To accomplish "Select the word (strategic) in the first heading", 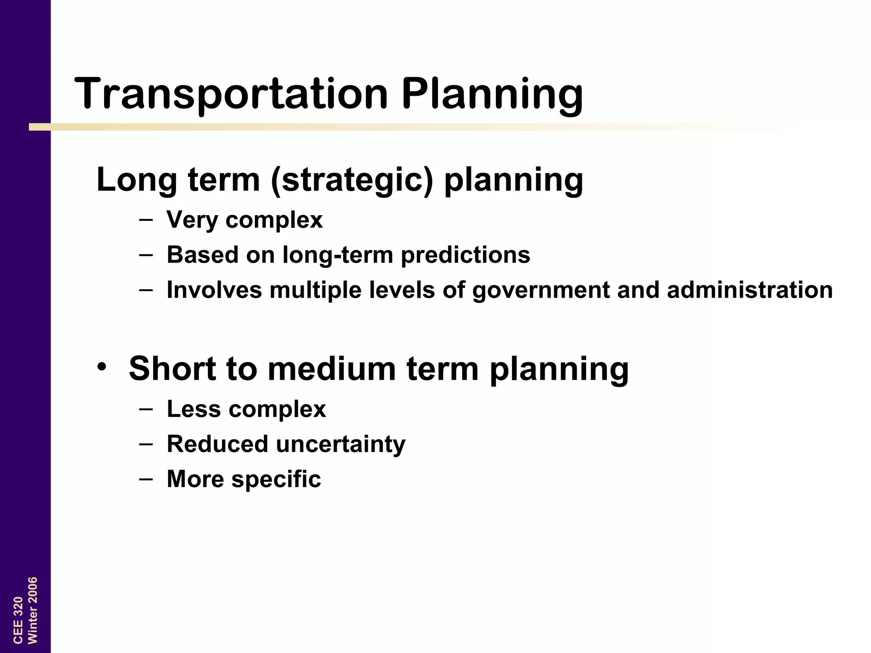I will pyautogui.click(x=352, y=180).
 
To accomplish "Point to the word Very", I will pyautogui.click(x=192, y=220).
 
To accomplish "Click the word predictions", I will pyautogui.click(x=465, y=255).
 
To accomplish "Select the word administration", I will pyautogui.click(x=749, y=290).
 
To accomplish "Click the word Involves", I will pyautogui.click(x=214, y=290).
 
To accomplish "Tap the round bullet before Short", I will pyautogui.click(x=101, y=366).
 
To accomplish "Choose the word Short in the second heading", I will pyautogui.click(x=172, y=369).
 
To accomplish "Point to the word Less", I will pyautogui.click(x=194, y=409).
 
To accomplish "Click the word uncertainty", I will pyautogui.click(x=341, y=444).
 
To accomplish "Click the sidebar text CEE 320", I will pyautogui.click(x=18, y=620).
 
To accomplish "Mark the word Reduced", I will pyautogui.click(x=217, y=444).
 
